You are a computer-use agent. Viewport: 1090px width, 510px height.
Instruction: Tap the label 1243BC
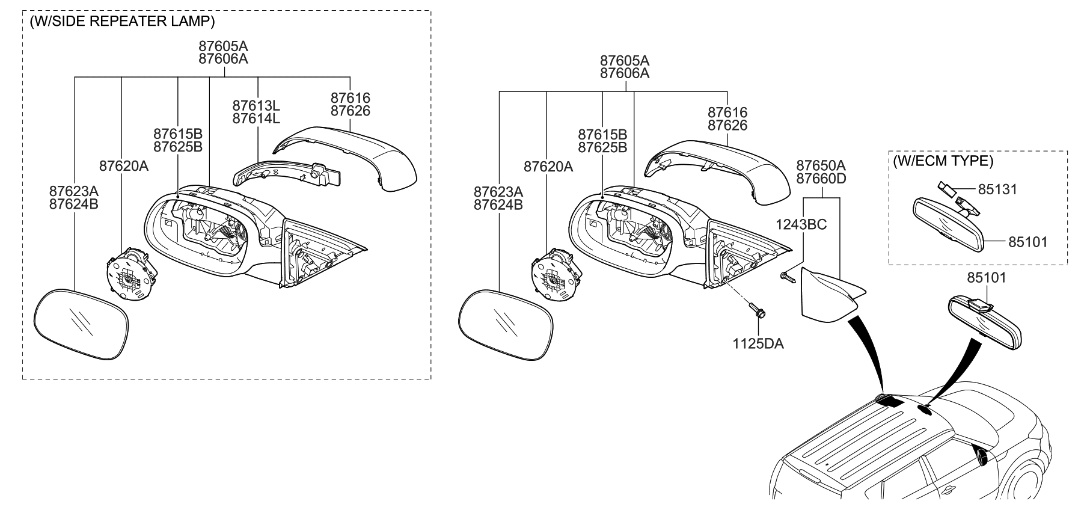click(801, 224)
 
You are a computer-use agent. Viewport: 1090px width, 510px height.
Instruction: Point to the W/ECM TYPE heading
click(943, 161)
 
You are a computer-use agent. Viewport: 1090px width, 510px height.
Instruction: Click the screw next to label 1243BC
click(786, 276)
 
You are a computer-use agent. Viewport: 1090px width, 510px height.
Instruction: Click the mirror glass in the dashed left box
click(81, 325)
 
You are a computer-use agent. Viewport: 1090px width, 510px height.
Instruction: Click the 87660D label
click(821, 178)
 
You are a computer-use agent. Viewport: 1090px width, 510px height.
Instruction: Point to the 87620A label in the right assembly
click(548, 167)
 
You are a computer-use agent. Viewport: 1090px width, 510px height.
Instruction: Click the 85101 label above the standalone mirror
click(986, 278)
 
